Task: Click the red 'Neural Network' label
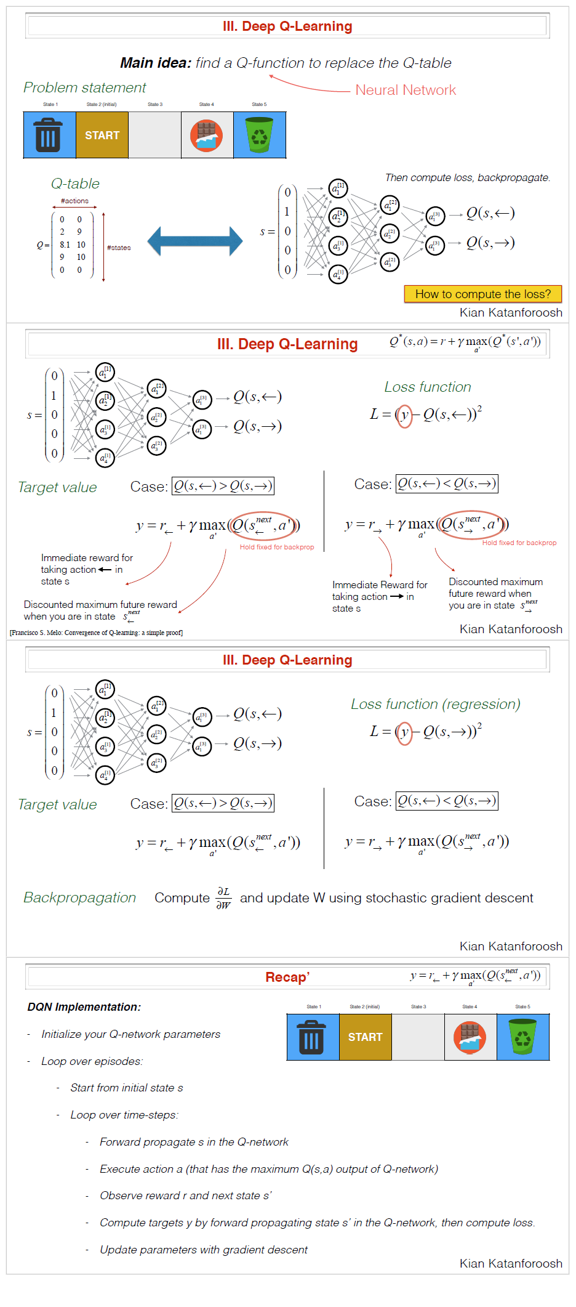(406, 90)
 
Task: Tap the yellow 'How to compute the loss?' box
(483, 294)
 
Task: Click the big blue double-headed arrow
(195, 241)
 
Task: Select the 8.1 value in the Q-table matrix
(65, 245)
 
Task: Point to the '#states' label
(119, 248)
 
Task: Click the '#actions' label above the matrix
(74, 201)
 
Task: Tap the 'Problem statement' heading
(84, 87)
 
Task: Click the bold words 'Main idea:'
(156, 63)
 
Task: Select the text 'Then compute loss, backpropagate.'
(467, 177)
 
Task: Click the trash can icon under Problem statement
(49, 136)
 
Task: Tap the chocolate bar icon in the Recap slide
(470, 1037)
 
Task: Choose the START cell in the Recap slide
(365, 1037)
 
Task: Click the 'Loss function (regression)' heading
(435, 704)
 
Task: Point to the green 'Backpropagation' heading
(79, 897)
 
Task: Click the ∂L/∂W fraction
(223, 898)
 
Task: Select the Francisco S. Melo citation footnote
(96, 633)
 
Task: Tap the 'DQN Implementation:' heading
(84, 1006)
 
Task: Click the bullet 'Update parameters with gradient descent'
(203, 1249)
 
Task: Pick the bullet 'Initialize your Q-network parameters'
(130, 1034)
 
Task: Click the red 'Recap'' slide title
(287, 977)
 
